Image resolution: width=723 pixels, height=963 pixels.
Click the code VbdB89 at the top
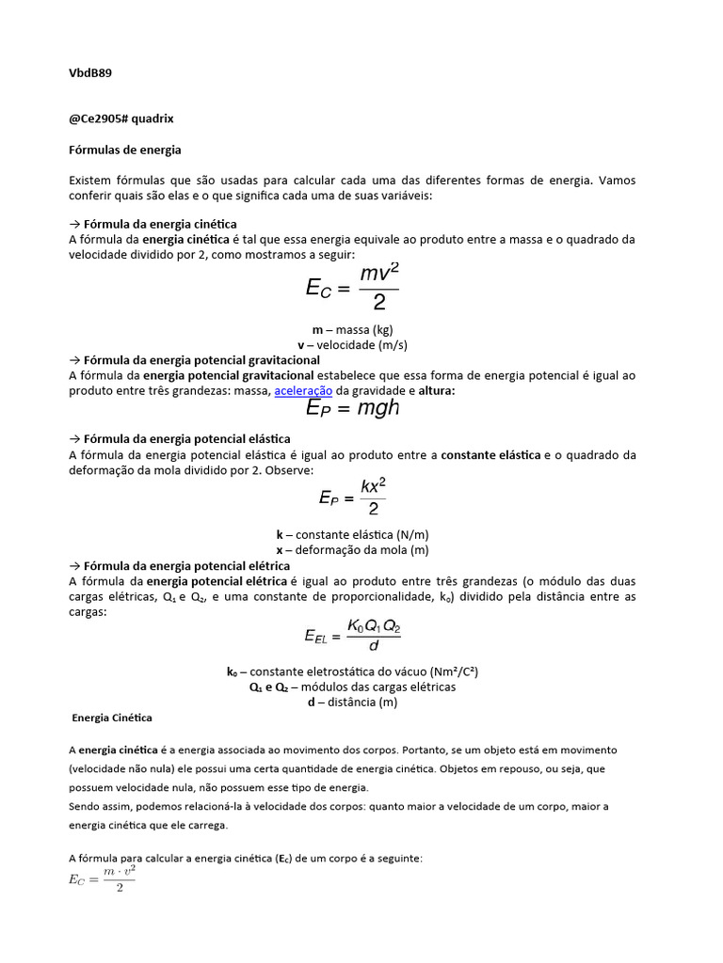click(91, 72)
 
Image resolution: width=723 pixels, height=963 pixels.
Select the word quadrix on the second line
click(153, 118)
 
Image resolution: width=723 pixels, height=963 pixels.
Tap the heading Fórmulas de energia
click(125, 150)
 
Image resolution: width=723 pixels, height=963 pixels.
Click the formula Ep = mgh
click(353, 408)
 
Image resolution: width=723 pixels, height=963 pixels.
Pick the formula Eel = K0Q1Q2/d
click(352, 637)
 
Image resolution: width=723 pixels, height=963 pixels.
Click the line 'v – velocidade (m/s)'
click(352, 345)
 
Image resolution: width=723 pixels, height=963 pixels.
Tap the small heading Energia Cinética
click(112, 718)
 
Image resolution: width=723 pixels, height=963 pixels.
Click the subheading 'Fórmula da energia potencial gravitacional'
click(201, 360)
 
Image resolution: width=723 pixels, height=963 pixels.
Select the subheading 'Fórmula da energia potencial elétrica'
click(186, 565)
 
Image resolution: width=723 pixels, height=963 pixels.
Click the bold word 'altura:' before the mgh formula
click(436, 391)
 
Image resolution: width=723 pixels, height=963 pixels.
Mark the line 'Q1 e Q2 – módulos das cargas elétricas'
click(352, 687)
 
